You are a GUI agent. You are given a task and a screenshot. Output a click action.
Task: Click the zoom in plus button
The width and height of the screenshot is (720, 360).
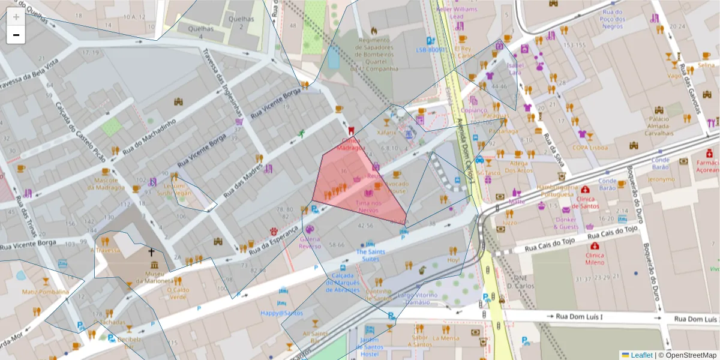[x=16, y=17]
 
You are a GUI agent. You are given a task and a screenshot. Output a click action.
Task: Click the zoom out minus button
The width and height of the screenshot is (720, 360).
[x=16, y=35]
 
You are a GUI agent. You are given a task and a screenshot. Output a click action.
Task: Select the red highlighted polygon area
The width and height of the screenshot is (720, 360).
[x=360, y=186]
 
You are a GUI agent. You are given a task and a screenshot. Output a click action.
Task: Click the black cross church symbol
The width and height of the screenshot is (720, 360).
[x=152, y=253]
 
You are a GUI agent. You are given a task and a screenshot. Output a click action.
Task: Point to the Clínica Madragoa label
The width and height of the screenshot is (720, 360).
[x=351, y=144]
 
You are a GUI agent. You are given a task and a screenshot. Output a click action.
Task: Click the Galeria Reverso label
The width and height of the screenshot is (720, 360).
[x=310, y=242]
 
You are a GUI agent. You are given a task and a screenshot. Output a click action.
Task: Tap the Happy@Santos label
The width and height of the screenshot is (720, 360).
[x=281, y=313]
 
